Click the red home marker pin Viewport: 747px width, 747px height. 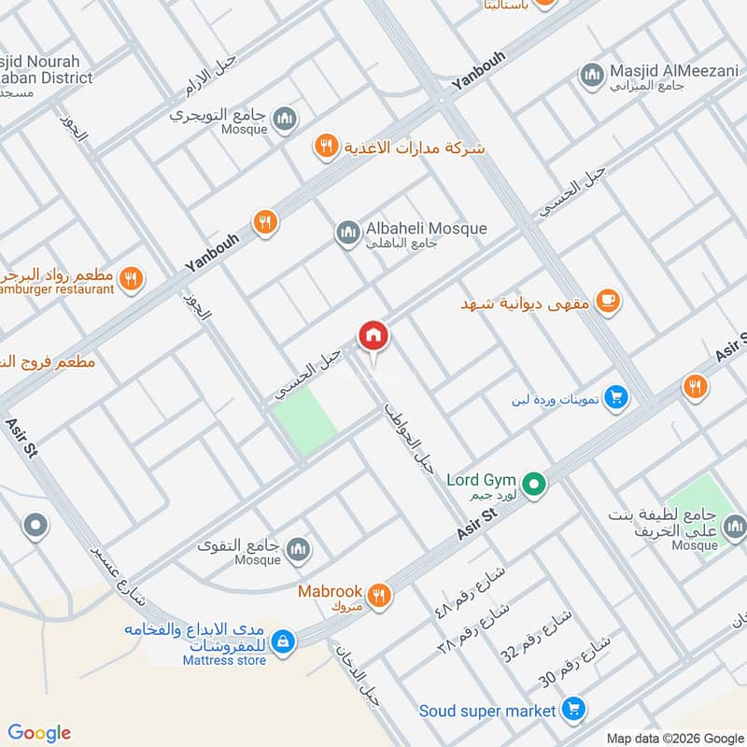pos(373,334)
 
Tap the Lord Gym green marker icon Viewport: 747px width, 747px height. pos(533,484)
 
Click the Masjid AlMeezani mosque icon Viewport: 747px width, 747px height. pos(590,74)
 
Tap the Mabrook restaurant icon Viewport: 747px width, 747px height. pos(378,594)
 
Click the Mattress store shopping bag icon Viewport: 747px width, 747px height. pos(285,641)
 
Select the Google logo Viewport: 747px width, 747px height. pos(39,733)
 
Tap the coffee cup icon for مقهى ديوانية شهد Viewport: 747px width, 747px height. pos(608,300)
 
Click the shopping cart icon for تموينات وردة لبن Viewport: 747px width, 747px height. pos(615,399)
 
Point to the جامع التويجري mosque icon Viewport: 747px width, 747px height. pos(285,118)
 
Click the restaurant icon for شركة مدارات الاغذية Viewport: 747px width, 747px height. pos(326,146)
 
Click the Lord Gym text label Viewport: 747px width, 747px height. pos(481,480)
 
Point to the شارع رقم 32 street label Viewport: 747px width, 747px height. pos(521,640)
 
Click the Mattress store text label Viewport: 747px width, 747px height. pos(224,661)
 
